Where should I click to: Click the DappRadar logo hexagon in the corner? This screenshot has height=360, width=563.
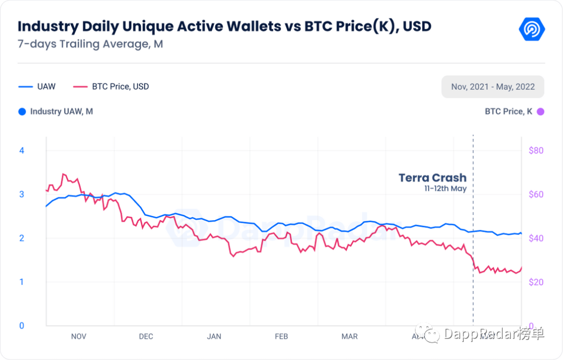tap(532, 28)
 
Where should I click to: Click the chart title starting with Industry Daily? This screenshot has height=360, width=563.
tap(224, 26)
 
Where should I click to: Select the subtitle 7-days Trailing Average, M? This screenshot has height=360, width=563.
tap(90, 44)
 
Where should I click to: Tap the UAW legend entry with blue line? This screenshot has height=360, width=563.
tap(37, 87)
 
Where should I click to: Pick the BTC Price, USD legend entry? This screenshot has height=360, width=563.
tap(111, 87)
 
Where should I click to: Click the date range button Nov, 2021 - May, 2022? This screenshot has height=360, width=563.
tap(493, 87)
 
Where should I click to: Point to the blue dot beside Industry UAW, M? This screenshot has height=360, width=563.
tap(22, 111)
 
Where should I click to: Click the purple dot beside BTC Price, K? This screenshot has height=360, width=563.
tap(541, 111)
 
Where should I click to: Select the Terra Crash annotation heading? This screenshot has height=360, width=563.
tap(432, 177)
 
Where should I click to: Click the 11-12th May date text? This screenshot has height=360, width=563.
tap(445, 189)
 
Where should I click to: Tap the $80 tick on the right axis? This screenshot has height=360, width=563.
tap(535, 150)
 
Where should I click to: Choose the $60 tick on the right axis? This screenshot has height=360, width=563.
tap(535, 194)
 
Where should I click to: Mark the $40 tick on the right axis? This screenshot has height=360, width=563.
tap(535, 238)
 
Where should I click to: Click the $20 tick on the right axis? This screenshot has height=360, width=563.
tap(535, 282)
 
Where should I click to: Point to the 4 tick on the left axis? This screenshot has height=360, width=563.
tap(22, 150)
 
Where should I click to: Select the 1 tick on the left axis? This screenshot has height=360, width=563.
tap(22, 282)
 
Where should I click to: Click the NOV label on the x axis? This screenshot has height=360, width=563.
tap(78, 337)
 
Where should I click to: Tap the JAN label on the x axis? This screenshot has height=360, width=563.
tap(214, 337)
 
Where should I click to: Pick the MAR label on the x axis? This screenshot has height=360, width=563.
tap(349, 337)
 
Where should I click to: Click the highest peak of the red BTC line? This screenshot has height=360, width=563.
tap(63, 174)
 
